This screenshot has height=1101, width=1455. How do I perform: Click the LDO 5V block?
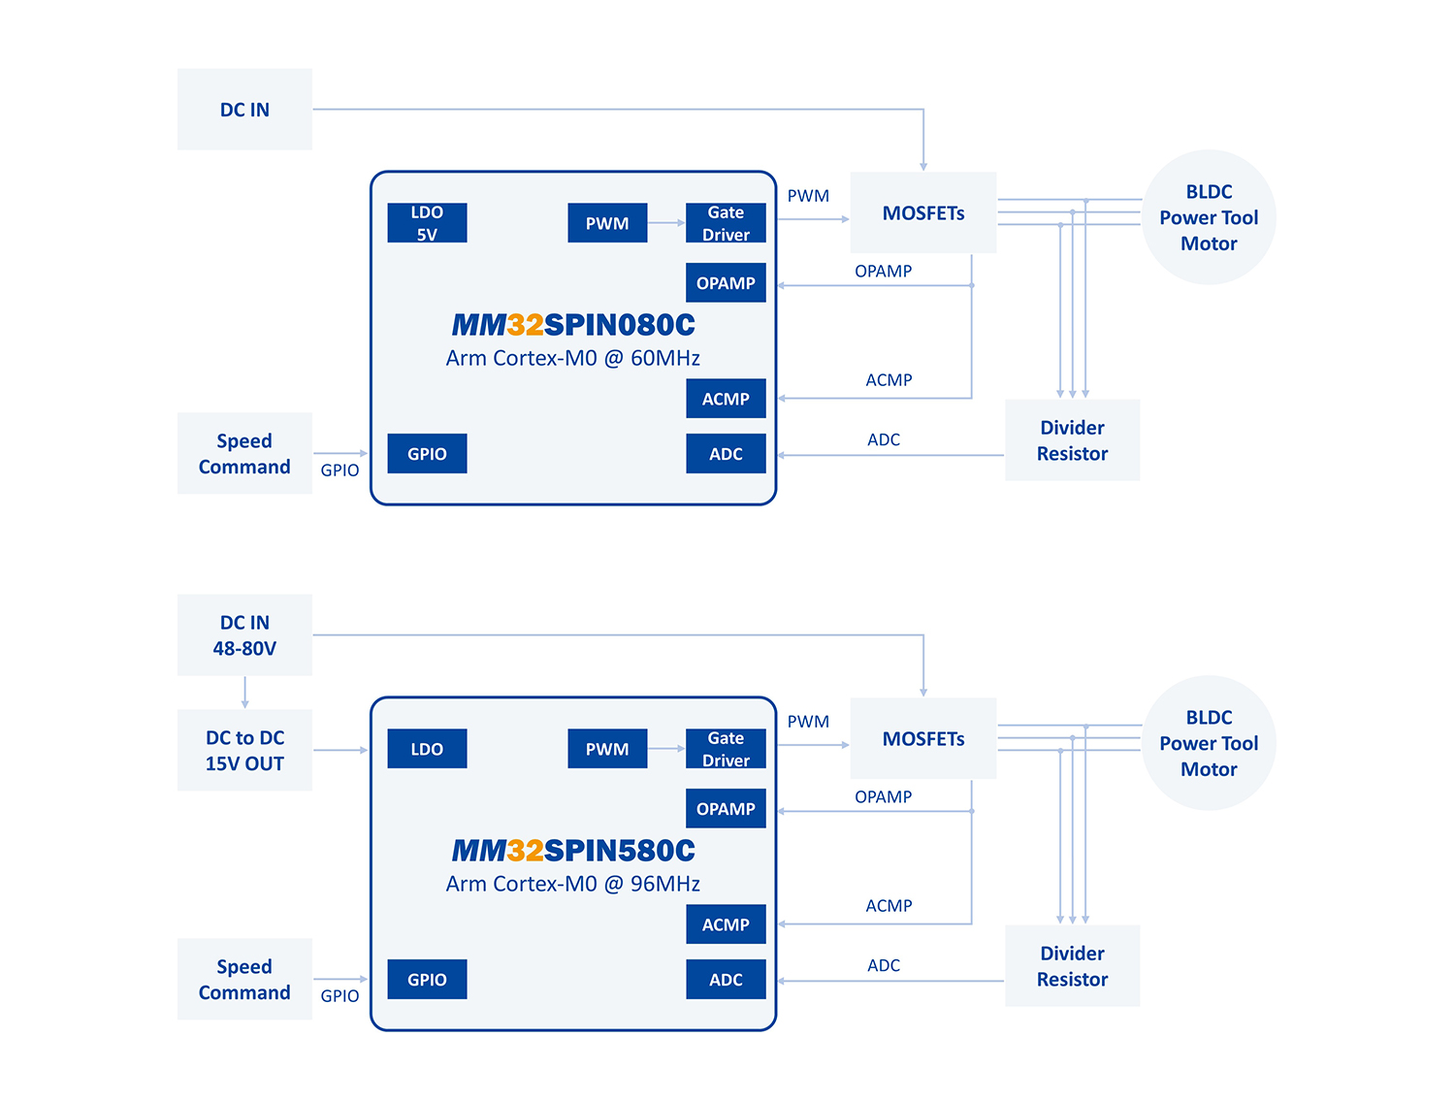[427, 223]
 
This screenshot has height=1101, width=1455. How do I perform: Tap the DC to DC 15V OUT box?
[244, 750]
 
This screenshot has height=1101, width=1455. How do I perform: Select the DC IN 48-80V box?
[244, 634]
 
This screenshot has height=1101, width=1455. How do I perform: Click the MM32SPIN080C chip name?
[573, 325]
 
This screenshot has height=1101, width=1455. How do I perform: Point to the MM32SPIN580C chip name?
[573, 851]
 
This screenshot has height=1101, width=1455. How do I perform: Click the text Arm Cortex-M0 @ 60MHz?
[573, 358]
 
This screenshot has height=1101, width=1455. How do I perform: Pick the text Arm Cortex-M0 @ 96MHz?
[573, 884]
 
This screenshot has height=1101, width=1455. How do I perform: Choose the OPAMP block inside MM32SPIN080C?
[726, 283]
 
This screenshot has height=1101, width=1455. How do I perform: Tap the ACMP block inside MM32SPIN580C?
[726, 924]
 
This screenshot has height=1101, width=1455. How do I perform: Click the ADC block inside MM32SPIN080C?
[726, 454]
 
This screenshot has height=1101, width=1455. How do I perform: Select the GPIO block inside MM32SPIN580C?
[427, 980]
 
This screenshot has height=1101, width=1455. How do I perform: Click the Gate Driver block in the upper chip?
[726, 223]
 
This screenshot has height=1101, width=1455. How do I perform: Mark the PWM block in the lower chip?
[607, 749]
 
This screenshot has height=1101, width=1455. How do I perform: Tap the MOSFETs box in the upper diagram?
[923, 212]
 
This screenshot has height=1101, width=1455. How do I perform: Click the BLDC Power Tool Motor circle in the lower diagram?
[1209, 743]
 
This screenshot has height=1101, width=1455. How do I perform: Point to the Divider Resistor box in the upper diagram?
[1072, 440]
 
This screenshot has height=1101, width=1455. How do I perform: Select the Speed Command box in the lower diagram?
[244, 979]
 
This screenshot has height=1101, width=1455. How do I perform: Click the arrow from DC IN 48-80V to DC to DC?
[245, 693]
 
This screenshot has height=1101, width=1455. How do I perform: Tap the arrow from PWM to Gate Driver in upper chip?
[666, 223]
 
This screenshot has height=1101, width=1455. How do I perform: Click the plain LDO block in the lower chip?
[427, 749]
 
